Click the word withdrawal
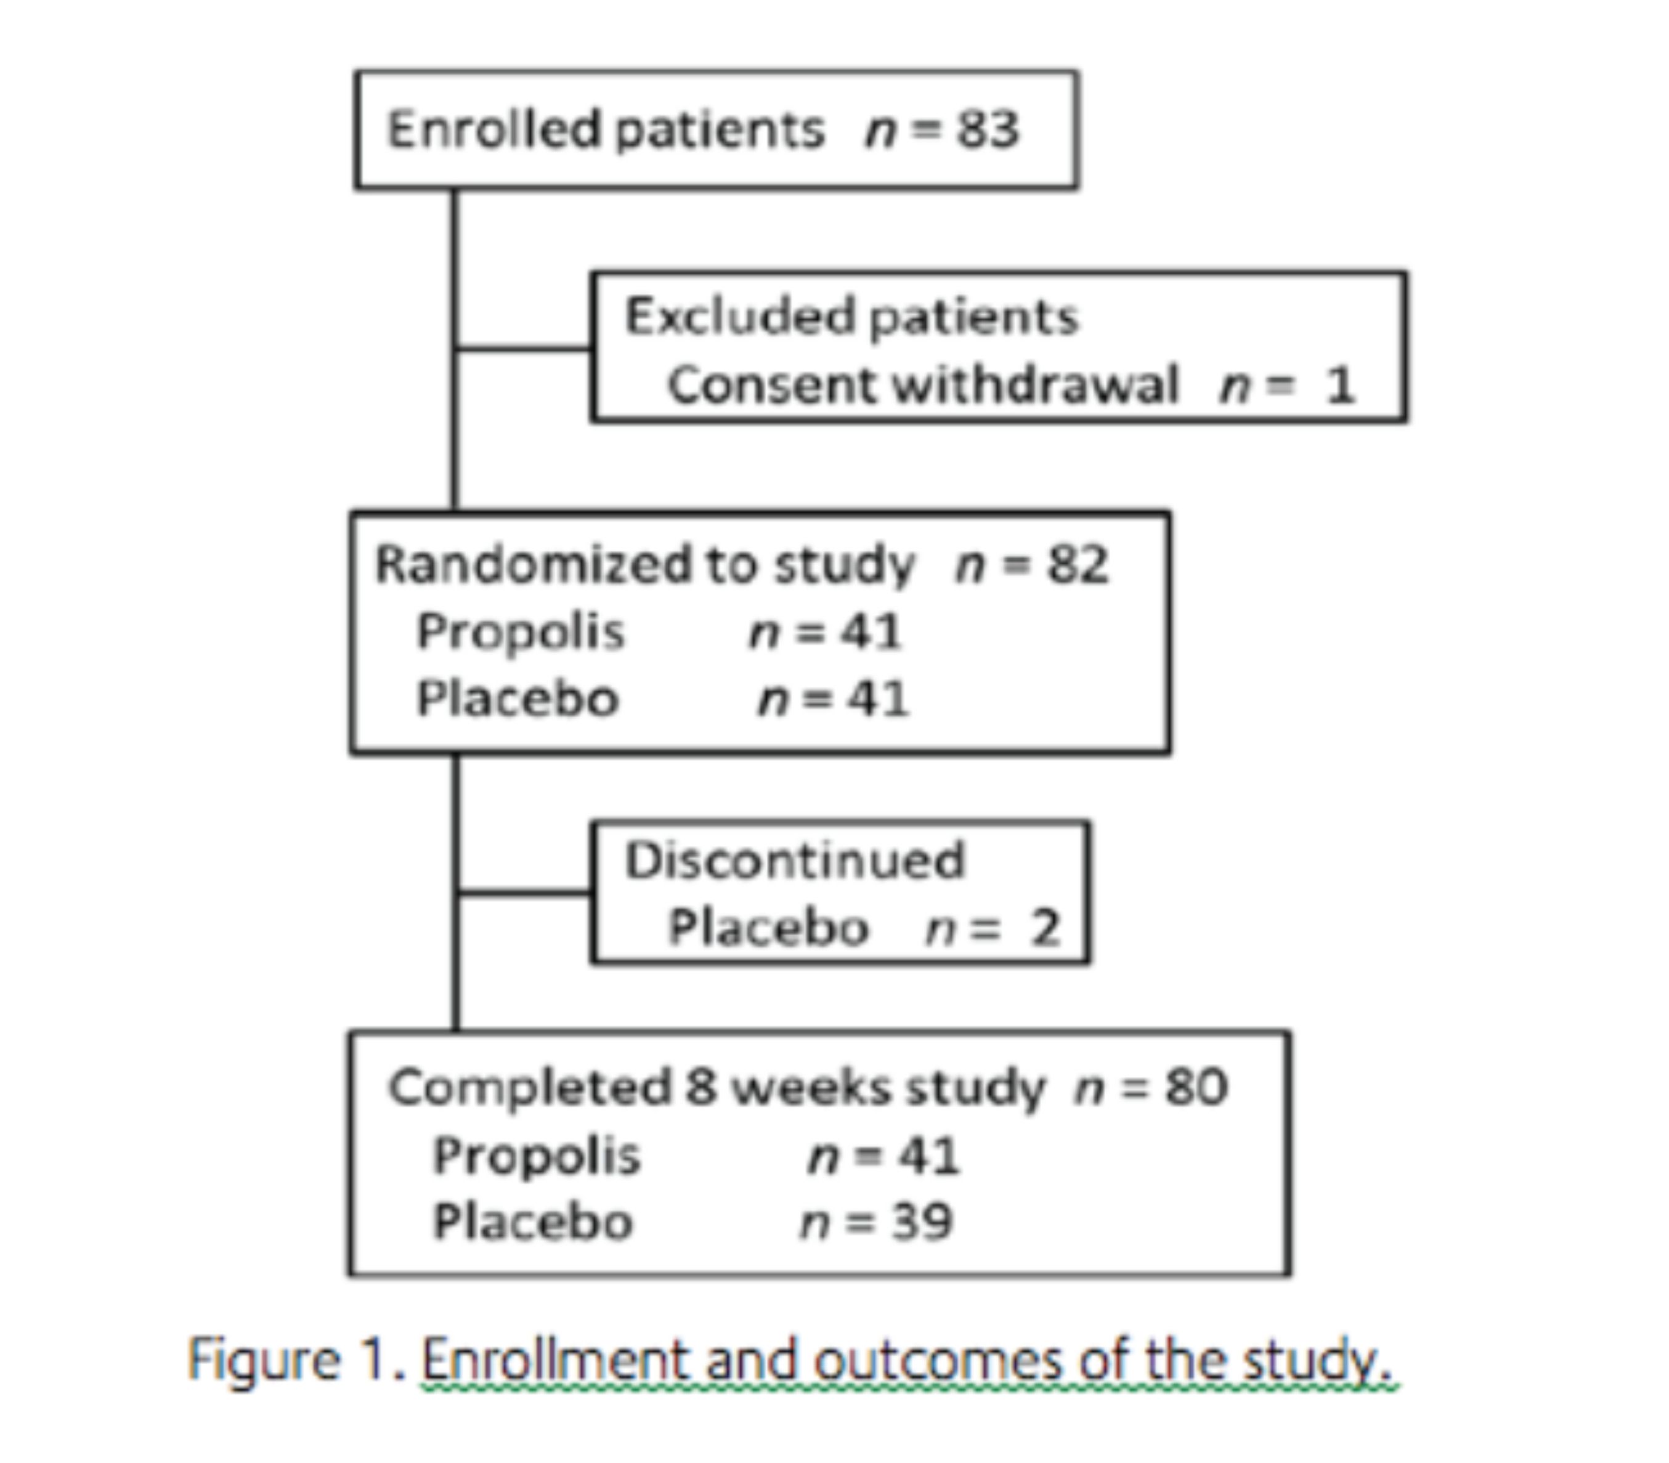coord(1037,384)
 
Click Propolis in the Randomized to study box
coord(520,632)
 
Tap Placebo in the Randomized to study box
coord(518,699)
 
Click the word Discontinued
coord(795,860)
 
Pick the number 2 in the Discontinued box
coord(1044,928)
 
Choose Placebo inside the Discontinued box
coord(768,928)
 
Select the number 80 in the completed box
coord(1196,1087)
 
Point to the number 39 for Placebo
coord(922,1222)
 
